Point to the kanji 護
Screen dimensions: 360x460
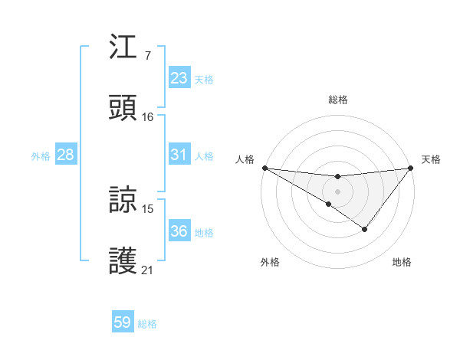point(123,260)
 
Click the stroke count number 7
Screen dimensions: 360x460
point(147,56)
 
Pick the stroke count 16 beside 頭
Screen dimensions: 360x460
point(148,116)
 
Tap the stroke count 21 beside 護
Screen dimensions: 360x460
point(148,270)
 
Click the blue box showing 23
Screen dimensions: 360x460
point(179,78)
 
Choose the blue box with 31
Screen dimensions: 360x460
point(179,155)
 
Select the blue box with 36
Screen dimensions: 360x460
point(179,231)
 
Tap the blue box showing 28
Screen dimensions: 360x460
point(66,155)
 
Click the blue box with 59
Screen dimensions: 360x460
point(123,322)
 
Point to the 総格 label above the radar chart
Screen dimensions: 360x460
point(338,100)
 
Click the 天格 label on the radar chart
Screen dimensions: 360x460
point(431,159)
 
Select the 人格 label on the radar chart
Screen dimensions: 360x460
point(245,159)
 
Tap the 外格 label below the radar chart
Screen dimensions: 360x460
point(270,263)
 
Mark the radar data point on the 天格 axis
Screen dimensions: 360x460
point(412,167)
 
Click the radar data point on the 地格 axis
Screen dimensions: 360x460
point(365,229)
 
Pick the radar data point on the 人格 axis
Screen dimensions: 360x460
point(264,167)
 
